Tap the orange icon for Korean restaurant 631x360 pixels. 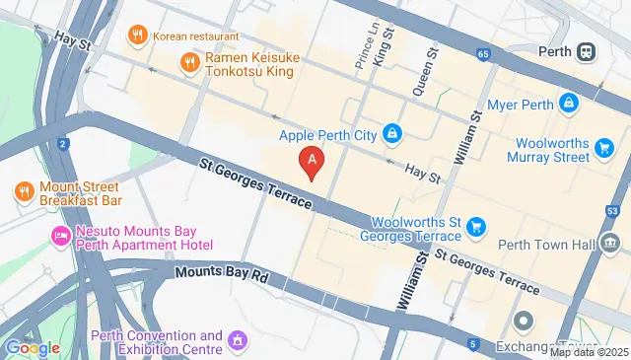pos(137,36)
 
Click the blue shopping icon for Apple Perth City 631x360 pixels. pos(392,133)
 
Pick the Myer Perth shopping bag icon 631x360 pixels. pos(569,102)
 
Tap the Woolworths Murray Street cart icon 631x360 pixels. pos(606,148)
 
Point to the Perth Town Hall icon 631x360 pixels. pos(612,243)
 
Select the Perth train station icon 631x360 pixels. pos(587,51)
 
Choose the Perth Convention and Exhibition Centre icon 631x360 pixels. pos(238,341)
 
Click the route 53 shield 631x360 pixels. pos(612,209)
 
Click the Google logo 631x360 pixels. pos(33,347)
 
